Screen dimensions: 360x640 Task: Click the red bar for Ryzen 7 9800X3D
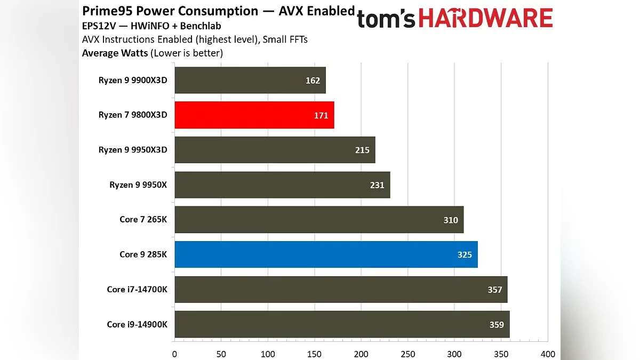(x=254, y=115)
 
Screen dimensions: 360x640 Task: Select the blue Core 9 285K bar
(x=326, y=254)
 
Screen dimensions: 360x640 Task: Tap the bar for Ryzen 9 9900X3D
(x=250, y=81)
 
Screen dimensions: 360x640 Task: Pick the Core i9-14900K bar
(x=342, y=324)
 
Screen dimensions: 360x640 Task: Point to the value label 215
(x=362, y=150)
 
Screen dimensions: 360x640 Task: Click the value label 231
(x=377, y=185)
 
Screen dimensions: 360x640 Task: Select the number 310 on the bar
(x=451, y=220)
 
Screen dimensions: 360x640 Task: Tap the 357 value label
(x=494, y=290)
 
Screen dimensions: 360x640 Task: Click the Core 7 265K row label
(x=143, y=220)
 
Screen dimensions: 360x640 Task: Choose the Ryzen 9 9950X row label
(x=138, y=185)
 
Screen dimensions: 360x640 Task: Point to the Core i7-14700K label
(x=137, y=290)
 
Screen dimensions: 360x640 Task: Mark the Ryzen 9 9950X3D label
(x=133, y=150)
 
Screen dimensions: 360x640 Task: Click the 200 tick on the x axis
(x=362, y=354)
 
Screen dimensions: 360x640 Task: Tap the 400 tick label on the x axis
(x=548, y=354)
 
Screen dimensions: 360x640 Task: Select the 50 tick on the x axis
(x=221, y=354)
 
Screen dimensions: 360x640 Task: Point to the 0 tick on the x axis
(x=174, y=354)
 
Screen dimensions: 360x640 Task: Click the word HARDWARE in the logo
(x=485, y=19)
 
